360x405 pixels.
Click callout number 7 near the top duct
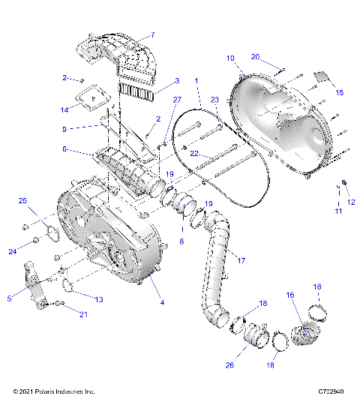tap(152, 35)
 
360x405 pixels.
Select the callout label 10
tap(230, 58)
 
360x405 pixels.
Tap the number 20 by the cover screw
tap(255, 57)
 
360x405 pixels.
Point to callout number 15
tap(339, 92)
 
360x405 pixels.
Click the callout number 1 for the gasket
tap(197, 80)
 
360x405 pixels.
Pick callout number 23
tap(214, 100)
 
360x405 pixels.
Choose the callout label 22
tap(193, 154)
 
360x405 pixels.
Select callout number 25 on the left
tap(22, 200)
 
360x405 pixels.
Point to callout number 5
tap(10, 298)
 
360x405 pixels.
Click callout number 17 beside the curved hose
tap(241, 260)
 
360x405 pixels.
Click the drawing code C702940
tap(330, 391)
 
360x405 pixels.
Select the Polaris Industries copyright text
tap(54, 391)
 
